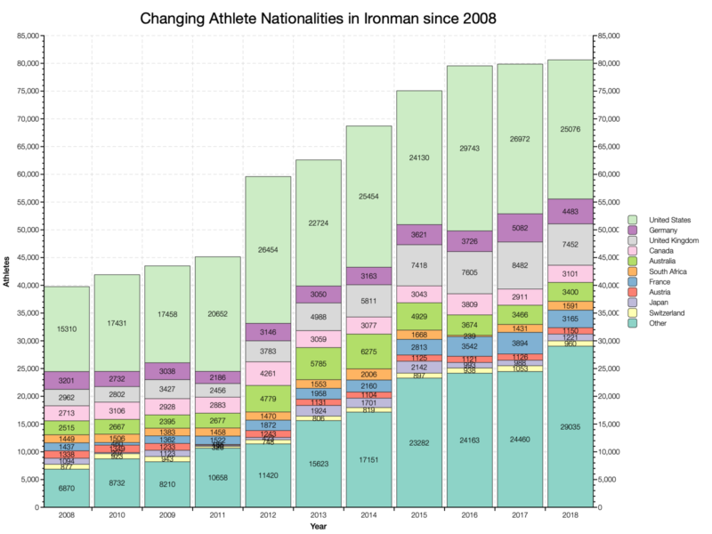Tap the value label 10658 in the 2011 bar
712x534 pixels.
coord(217,478)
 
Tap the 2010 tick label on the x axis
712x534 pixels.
coord(117,515)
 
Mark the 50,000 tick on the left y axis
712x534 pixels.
coord(27,230)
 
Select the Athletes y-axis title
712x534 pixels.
coord(6,271)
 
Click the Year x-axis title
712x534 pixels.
coord(318,527)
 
